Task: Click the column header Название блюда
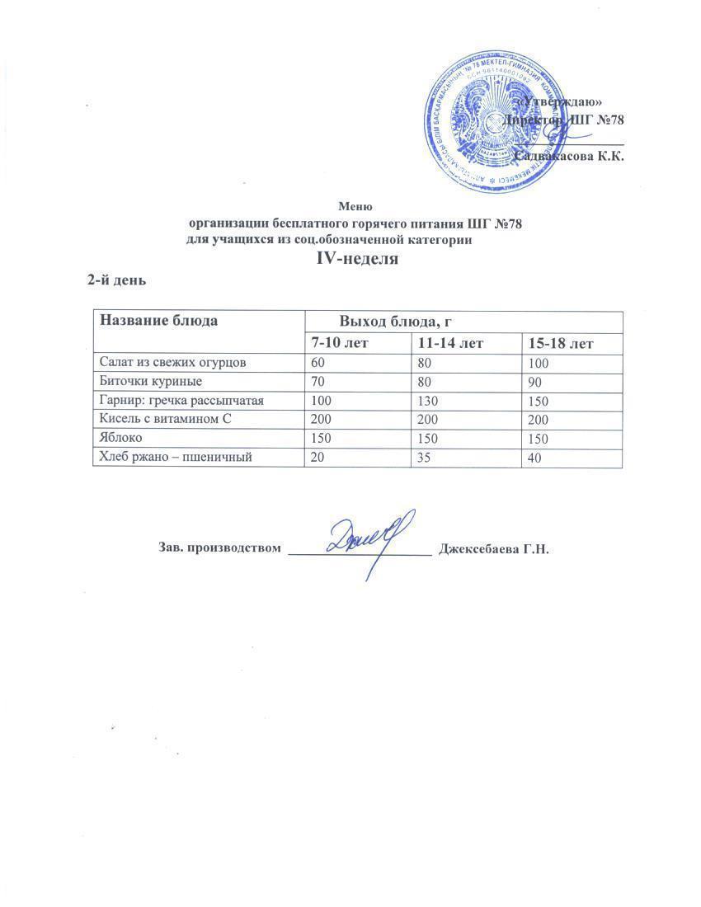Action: click(158, 321)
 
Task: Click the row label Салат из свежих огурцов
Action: click(171, 362)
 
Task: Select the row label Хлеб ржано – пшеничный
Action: click(175, 458)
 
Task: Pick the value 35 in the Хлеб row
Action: click(425, 458)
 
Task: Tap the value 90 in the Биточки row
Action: click(535, 383)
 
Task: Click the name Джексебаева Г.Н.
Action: click(494, 548)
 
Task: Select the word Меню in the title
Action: click(356, 206)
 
